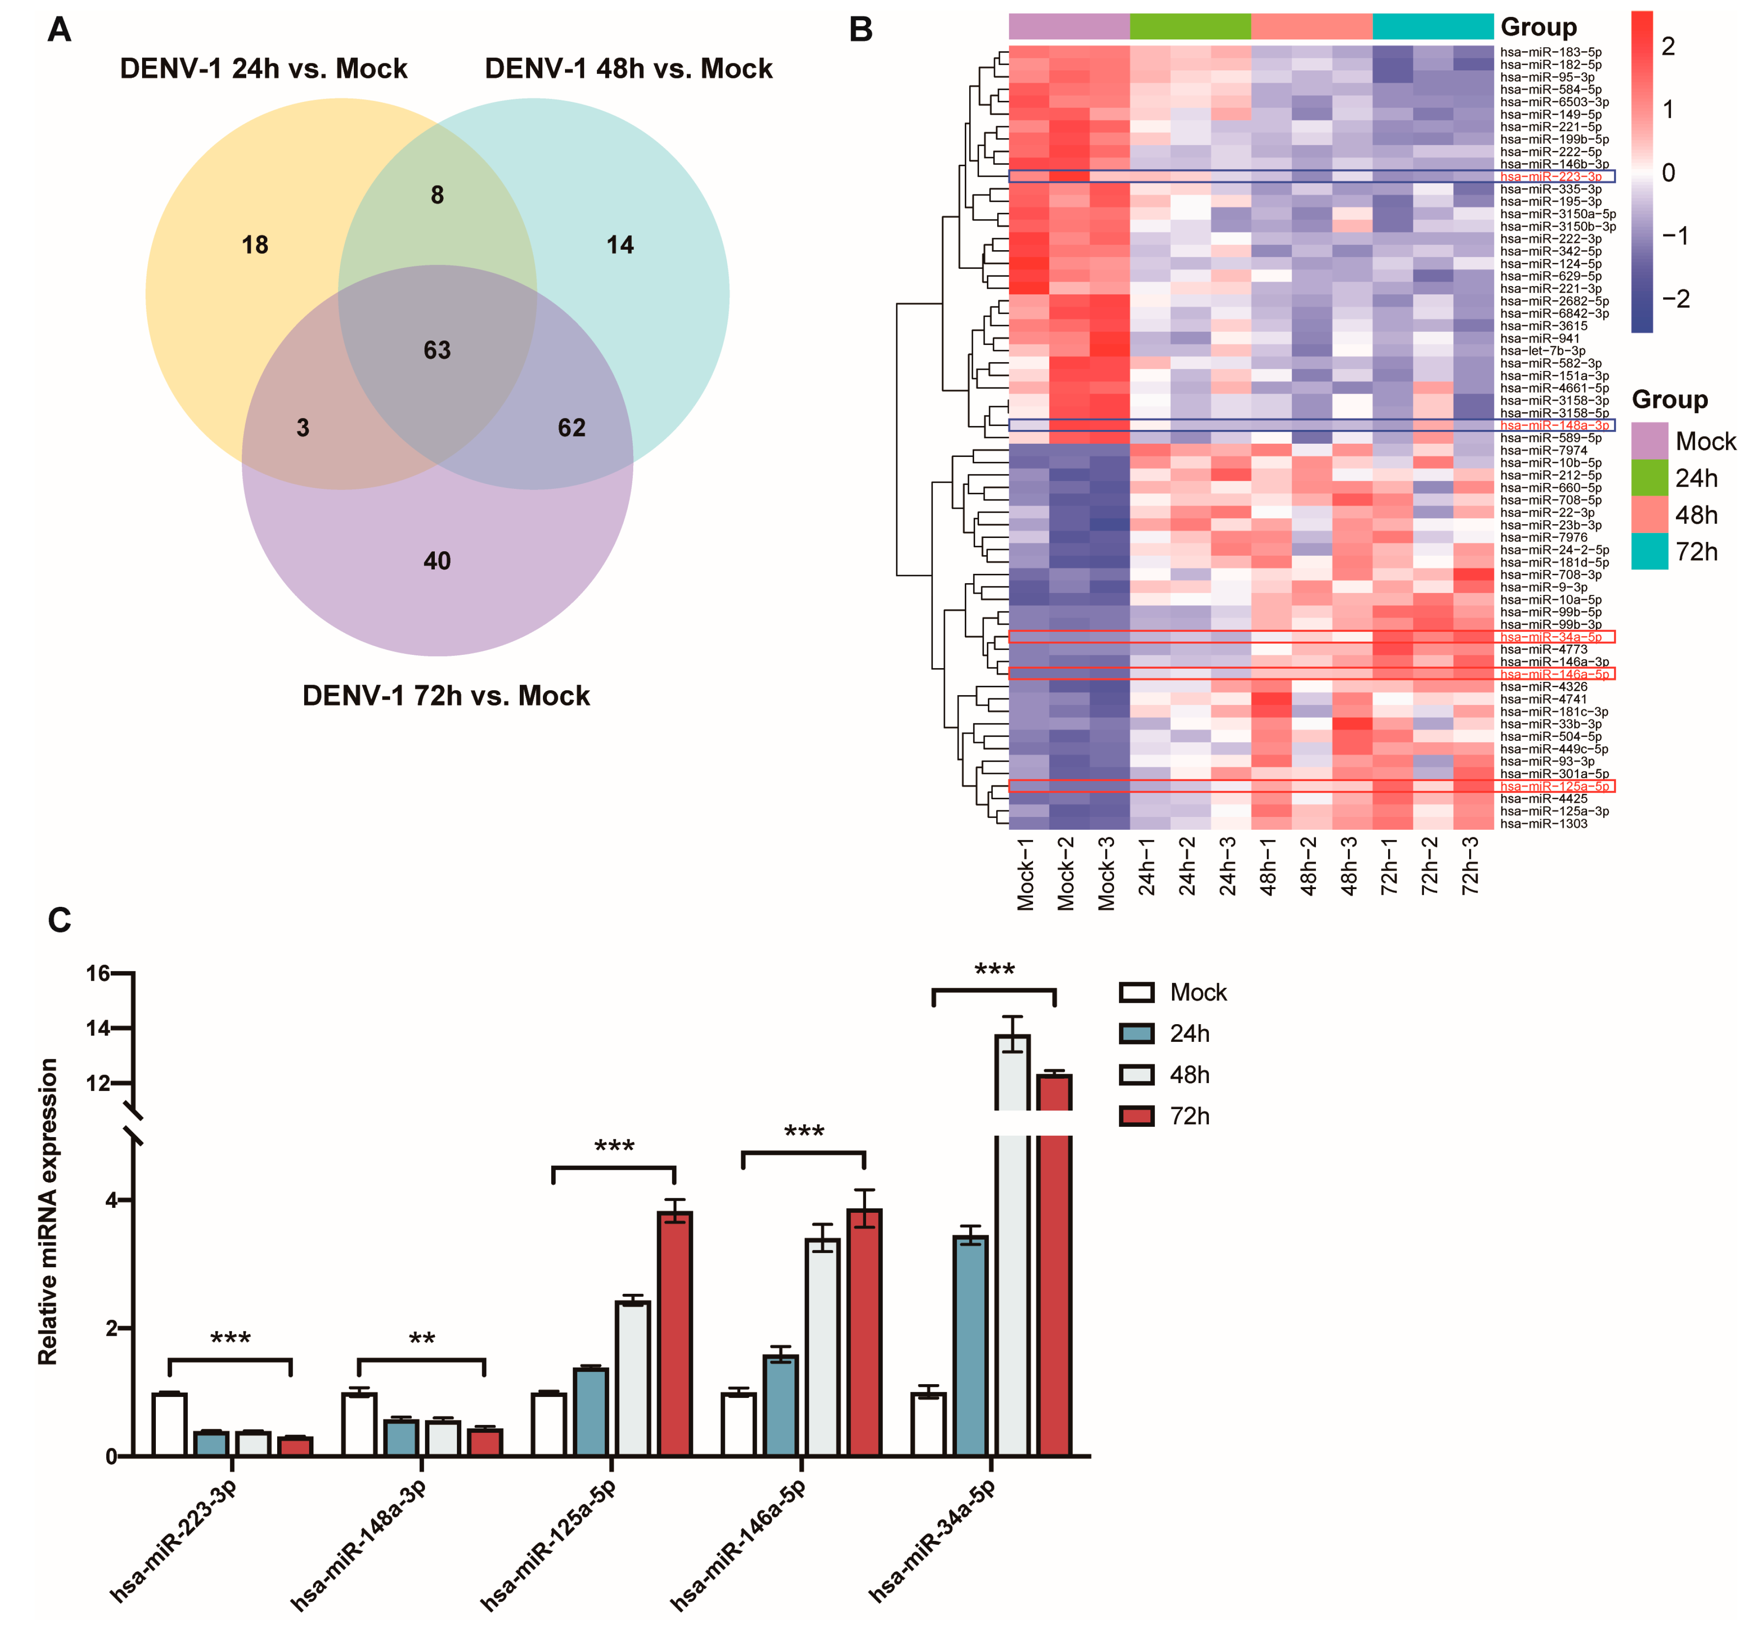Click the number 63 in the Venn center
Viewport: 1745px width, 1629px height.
click(437, 350)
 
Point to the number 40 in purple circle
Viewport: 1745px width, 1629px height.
click(437, 561)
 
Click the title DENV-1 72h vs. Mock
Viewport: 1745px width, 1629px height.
click(446, 696)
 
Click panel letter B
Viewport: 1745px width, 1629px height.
click(860, 30)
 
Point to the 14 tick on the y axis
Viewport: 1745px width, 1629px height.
click(98, 1028)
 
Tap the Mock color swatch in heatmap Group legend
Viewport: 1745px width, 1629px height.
click(1649, 441)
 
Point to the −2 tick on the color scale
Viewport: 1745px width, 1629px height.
click(1675, 299)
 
